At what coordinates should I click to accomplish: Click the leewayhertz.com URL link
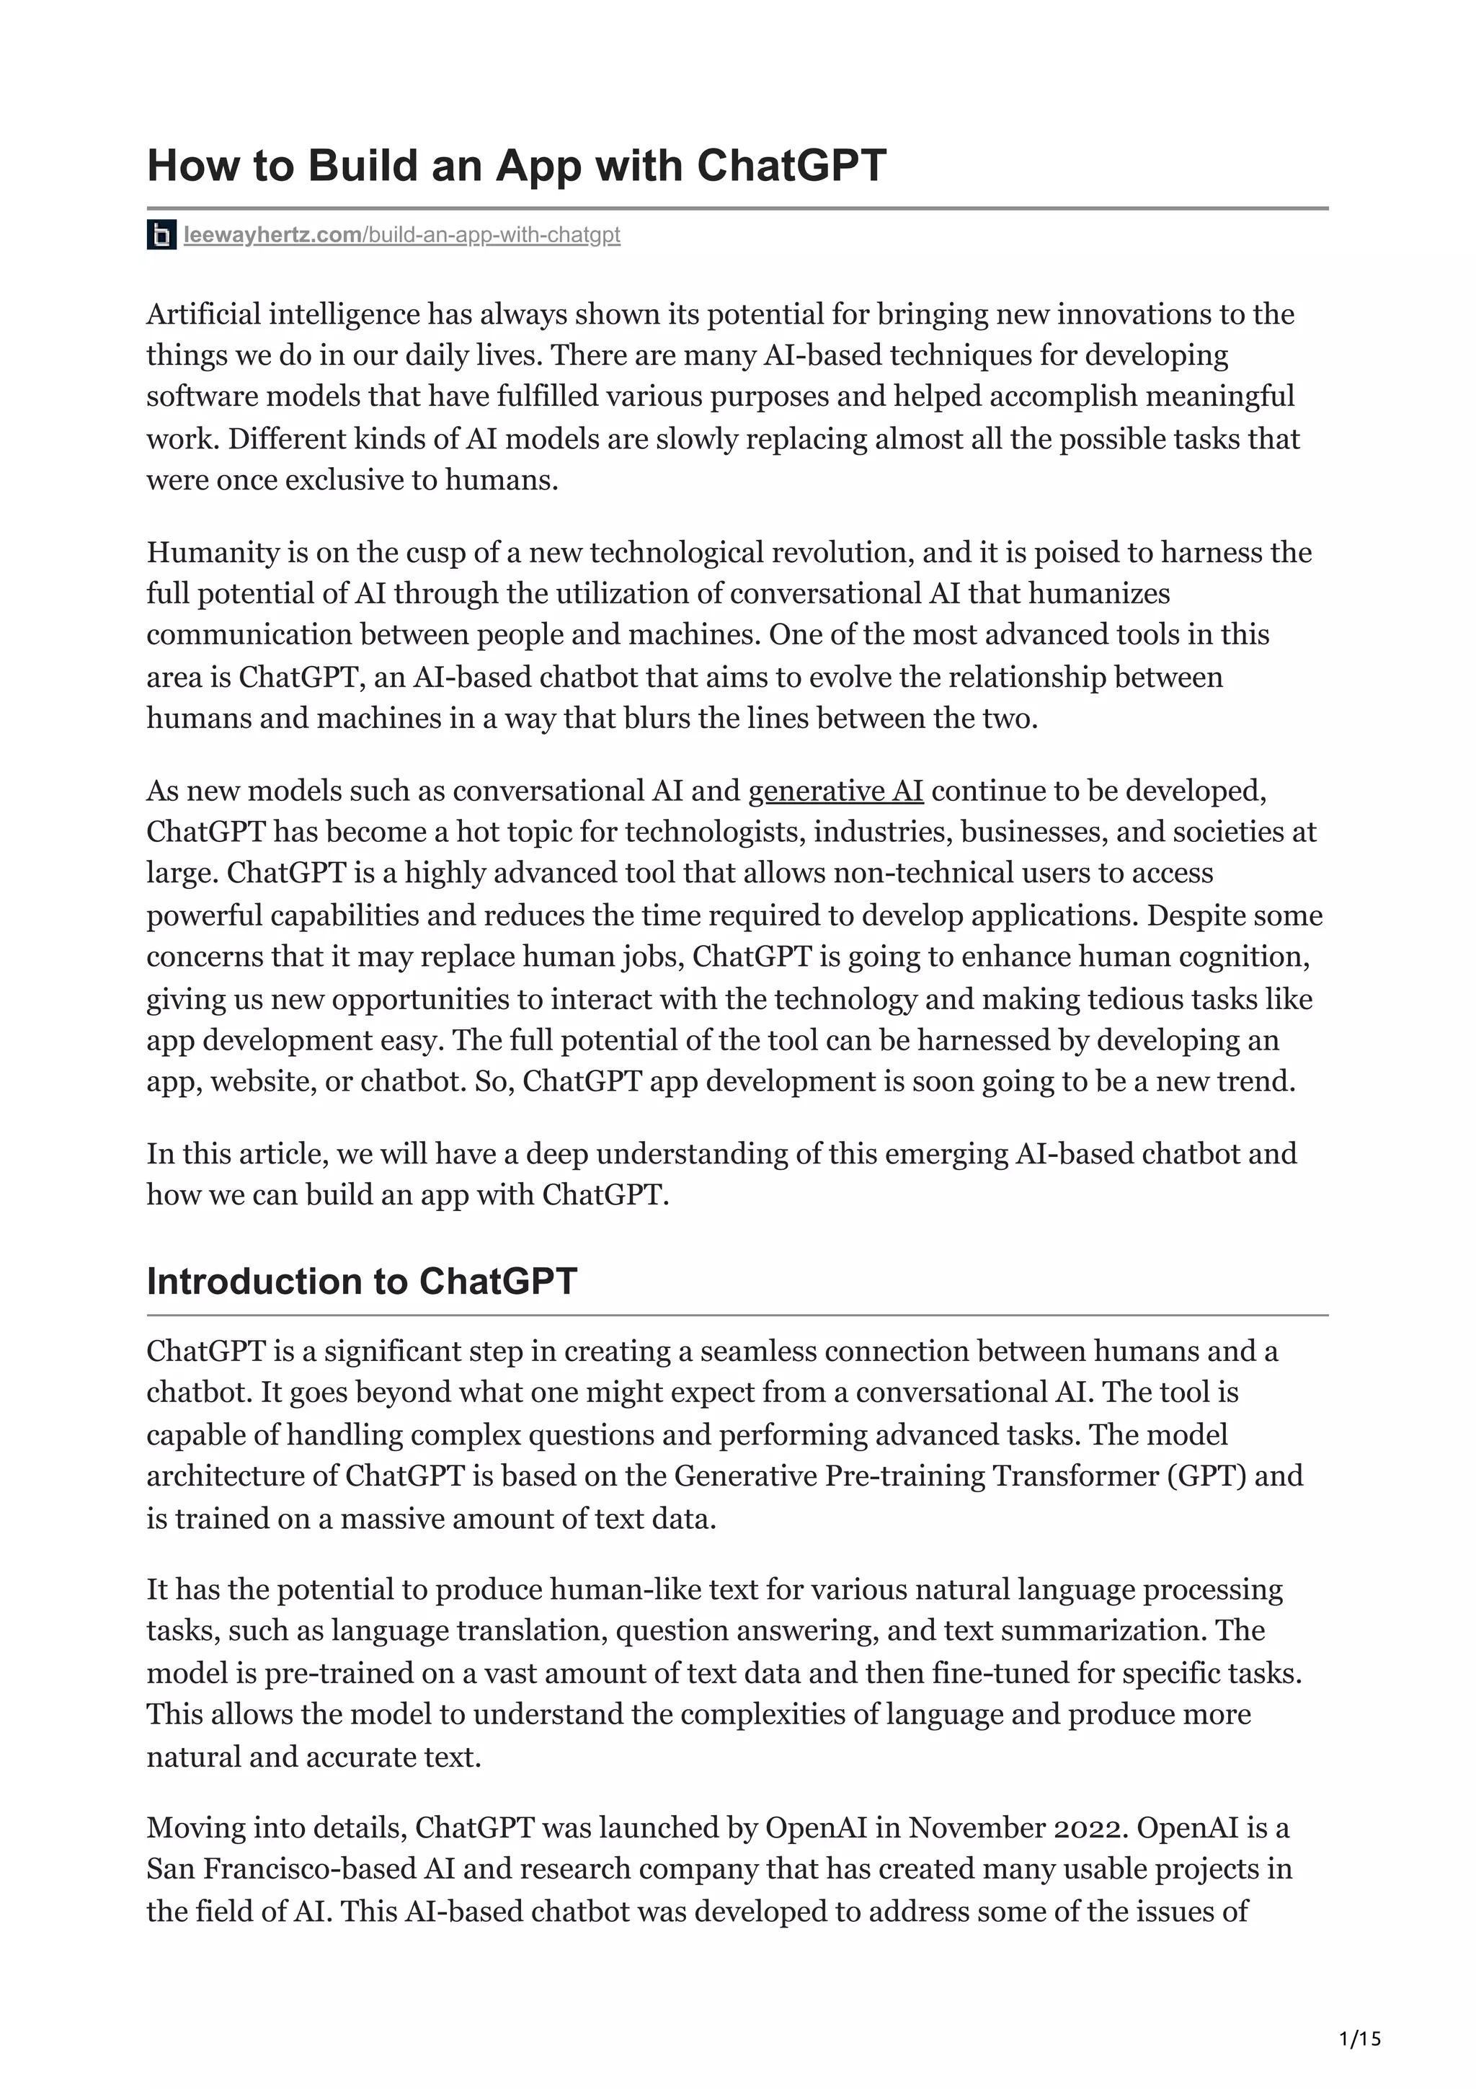click(401, 235)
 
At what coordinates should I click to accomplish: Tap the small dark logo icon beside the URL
click(161, 236)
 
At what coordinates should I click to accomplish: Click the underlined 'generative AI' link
click(835, 791)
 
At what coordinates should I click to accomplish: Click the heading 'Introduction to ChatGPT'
click(361, 1281)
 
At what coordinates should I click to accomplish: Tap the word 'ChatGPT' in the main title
click(791, 167)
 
